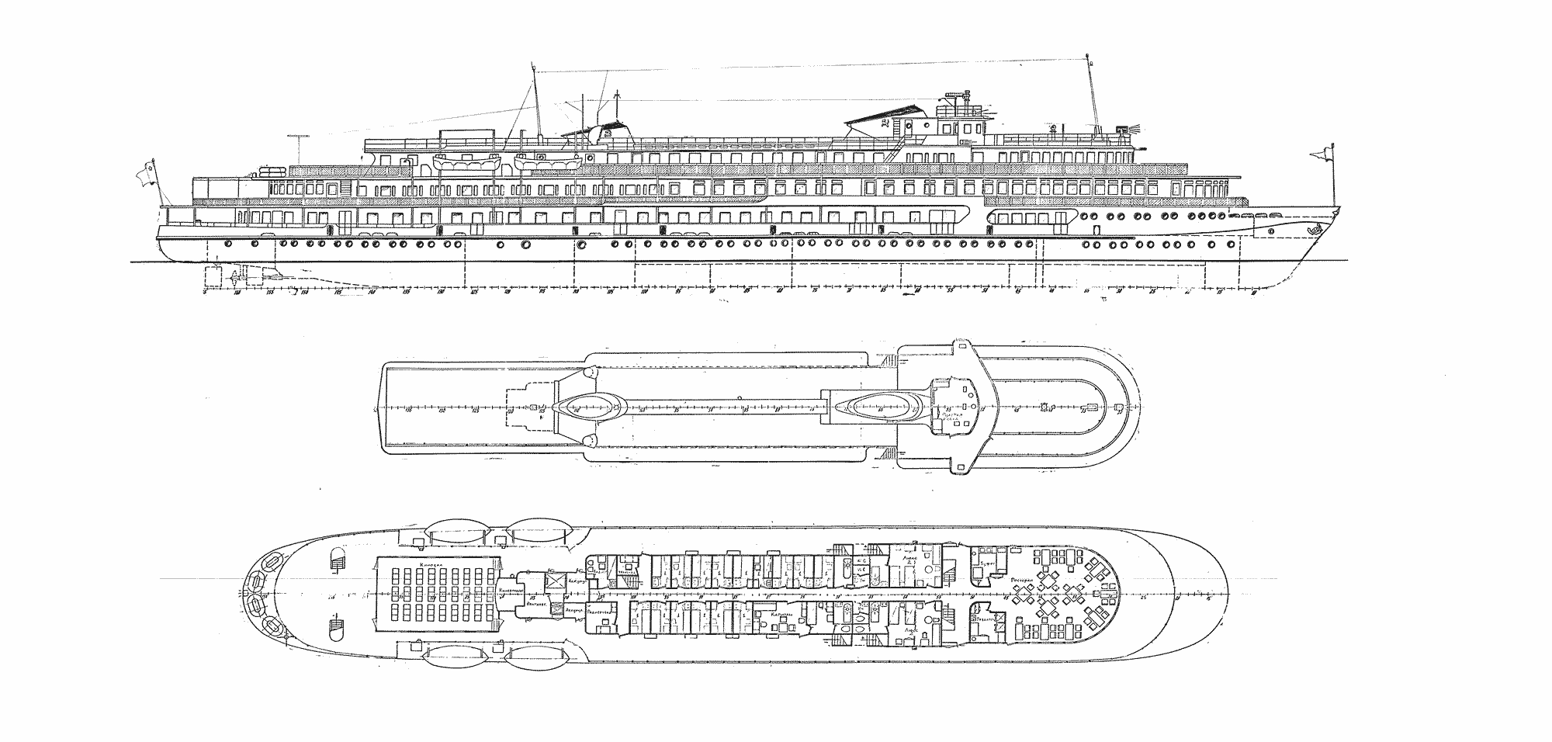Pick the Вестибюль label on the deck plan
pyautogui.click(x=532, y=602)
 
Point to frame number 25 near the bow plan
pyautogui.click(x=1143, y=598)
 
